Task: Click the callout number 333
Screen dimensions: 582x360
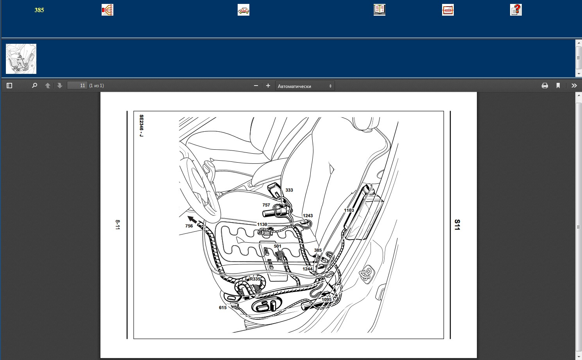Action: pos(289,190)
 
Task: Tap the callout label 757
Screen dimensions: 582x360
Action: pos(266,205)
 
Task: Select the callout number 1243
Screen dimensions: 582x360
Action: pos(308,216)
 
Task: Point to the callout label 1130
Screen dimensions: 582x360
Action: pos(262,224)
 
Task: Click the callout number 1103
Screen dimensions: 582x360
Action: pos(349,210)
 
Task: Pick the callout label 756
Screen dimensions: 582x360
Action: pos(189,226)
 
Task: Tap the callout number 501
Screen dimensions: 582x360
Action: pos(278,246)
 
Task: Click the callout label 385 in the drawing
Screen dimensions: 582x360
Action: pos(318,250)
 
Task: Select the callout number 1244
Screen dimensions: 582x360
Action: pos(307,269)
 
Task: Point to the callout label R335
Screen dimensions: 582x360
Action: pos(255,279)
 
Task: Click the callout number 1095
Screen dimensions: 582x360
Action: pos(327,299)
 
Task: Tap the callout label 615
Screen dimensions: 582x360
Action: pos(223,308)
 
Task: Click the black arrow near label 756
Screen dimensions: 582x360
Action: pos(192,220)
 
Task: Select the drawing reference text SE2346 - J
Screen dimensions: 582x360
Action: pos(141,126)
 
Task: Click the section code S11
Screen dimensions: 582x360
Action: pos(457,225)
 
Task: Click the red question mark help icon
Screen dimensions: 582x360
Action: pos(516,10)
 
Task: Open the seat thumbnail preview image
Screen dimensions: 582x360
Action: pos(21,59)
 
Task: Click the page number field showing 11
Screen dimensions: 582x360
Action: pos(77,86)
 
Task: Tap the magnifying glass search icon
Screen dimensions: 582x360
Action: pos(34,86)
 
